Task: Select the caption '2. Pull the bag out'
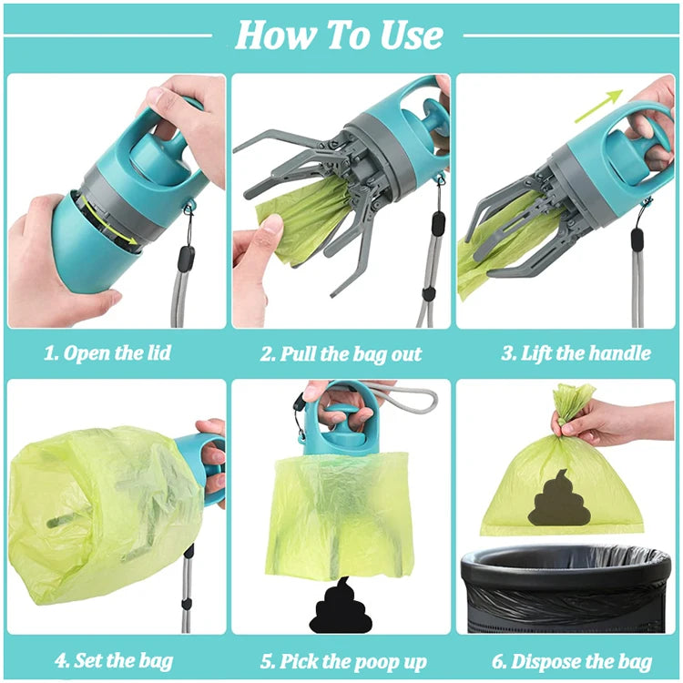tap(341, 353)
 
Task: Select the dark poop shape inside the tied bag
tap(559, 500)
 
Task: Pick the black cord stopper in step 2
tap(439, 224)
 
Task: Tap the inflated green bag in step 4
tap(91, 510)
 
